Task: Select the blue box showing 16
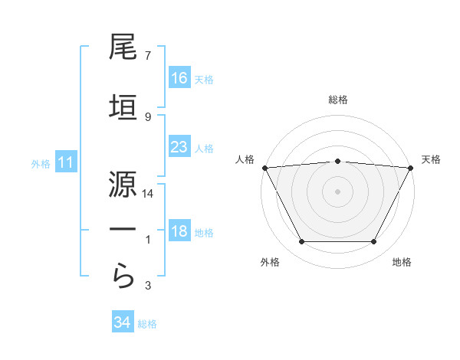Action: point(179,77)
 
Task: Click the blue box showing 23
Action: point(179,147)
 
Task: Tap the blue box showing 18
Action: point(179,232)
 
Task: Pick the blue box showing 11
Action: point(65,162)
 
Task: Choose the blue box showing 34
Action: point(123,322)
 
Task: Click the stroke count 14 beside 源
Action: point(148,195)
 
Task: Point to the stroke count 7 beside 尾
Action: point(147,56)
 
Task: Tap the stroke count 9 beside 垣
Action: point(147,116)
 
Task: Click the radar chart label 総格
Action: point(337,100)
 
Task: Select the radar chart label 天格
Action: point(431,159)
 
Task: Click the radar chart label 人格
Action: point(245,159)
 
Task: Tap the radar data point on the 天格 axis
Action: point(411,167)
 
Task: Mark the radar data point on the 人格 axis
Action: point(264,167)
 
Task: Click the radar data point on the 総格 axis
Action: point(337,161)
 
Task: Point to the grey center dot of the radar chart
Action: point(337,191)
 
